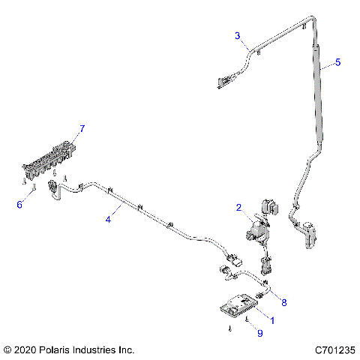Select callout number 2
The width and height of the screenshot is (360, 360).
click(x=238, y=207)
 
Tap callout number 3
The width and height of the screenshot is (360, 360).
click(x=237, y=35)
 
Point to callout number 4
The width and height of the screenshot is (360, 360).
click(x=108, y=218)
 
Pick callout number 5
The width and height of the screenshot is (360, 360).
click(x=337, y=62)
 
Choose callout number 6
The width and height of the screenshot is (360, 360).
click(x=19, y=203)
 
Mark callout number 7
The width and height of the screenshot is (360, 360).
click(x=82, y=128)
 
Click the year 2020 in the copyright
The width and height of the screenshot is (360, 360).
click(x=26, y=350)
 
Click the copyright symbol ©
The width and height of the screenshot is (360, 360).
click(x=7, y=350)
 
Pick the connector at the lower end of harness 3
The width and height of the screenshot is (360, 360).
click(x=224, y=79)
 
